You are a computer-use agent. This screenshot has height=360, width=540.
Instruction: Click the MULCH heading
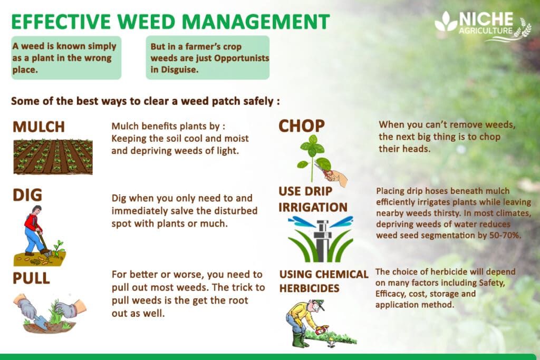[x=38, y=127]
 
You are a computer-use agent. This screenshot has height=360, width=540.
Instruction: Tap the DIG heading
[x=27, y=196]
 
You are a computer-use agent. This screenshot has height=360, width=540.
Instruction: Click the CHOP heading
[x=302, y=125]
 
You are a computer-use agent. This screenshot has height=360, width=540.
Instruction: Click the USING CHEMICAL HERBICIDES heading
[x=323, y=281]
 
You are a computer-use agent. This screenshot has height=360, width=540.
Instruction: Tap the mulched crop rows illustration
[x=53, y=157]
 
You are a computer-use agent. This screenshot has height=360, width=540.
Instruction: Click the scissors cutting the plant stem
[x=323, y=170]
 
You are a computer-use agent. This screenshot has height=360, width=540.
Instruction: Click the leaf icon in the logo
[x=446, y=23]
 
